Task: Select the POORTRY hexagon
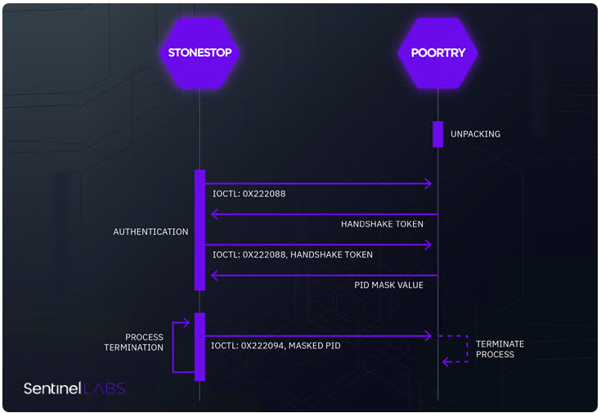pos(437,52)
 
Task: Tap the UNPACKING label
pos(475,134)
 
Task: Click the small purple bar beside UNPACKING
pos(437,134)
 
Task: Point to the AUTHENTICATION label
pos(150,232)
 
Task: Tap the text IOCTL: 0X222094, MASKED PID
pos(276,346)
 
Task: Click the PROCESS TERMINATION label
pos(133,342)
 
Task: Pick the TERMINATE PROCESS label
pos(500,349)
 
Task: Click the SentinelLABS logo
pos(74,388)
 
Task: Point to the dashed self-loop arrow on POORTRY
pos(458,348)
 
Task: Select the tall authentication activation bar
pos(200,230)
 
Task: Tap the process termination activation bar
pos(200,346)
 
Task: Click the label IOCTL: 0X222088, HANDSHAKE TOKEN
pos(292,254)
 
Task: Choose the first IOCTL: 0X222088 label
pos(249,195)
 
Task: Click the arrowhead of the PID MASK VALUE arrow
pos(215,275)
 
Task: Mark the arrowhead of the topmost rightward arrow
pos(427,184)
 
